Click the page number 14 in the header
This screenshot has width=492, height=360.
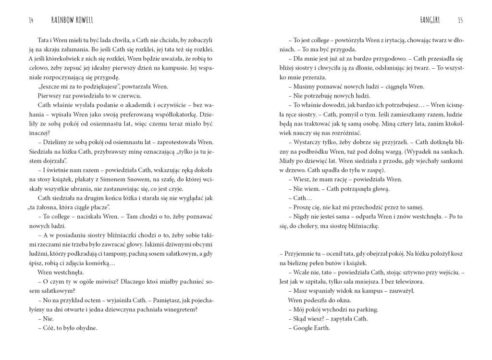[31, 21]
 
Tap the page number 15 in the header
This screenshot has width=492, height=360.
[460, 21]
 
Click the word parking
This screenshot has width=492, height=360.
[366, 309]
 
